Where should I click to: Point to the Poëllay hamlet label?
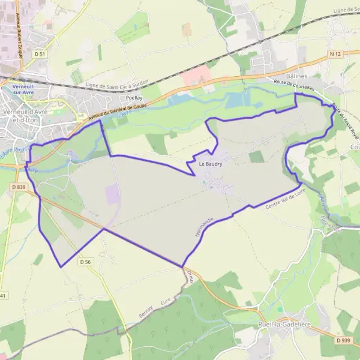(x=134, y=97)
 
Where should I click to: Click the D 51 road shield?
(x=41, y=54)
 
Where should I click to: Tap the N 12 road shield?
(x=335, y=54)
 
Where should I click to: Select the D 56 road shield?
(x=85, y=262)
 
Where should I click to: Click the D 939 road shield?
(x=343, y=341)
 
